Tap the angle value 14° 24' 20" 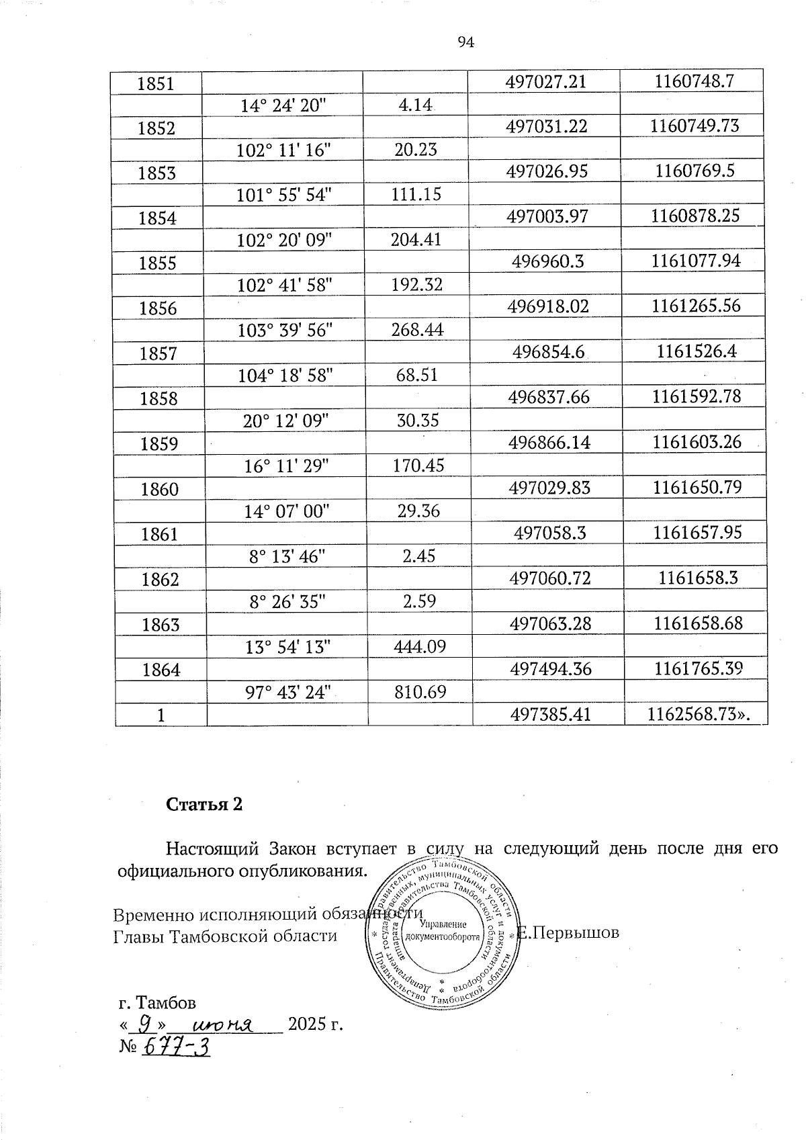point(281,105)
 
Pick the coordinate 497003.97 point(548,216)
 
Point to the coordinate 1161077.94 point(696,261)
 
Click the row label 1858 point(159,399)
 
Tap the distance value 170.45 point(418,465)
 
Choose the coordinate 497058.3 point(549,533)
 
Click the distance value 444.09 point(419,647)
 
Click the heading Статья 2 point(204,805)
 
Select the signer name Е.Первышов point(570,933)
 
